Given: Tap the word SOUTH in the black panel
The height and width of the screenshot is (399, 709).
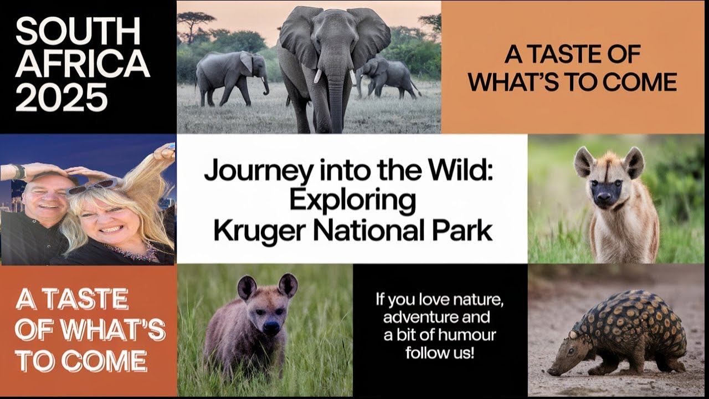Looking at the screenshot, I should coord(78,33).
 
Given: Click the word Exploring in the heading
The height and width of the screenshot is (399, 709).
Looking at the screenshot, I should coord(352,201).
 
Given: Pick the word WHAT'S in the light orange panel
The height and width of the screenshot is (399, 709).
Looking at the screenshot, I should coord(518,83).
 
